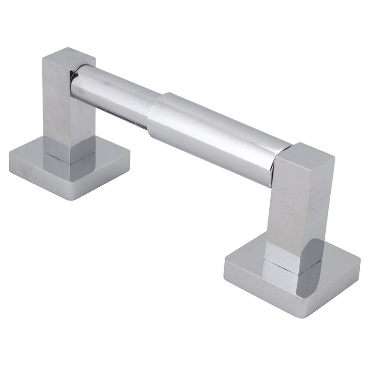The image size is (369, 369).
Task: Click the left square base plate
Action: tap(28, 161)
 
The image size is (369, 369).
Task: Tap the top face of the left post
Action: tap(69, 57)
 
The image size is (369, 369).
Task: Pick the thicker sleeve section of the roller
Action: tap(217, 134)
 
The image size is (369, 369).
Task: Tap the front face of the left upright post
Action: tap(58, 111)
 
